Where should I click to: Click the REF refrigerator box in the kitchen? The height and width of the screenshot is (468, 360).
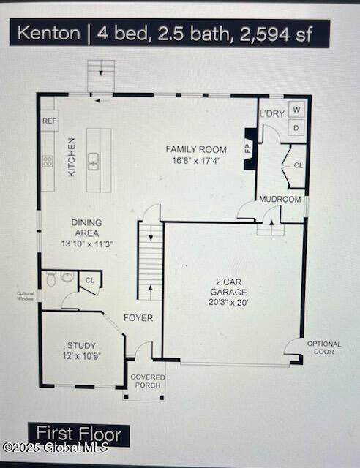tap(50, 121)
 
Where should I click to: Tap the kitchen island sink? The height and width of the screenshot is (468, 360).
tap(94, 162)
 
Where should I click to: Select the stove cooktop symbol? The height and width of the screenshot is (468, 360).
tap(48, 162)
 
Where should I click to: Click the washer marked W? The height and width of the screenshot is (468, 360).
tap(296, 110)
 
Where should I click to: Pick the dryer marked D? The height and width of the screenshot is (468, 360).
tap(296, 128)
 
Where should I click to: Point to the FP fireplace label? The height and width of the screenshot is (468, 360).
tap(248, 148)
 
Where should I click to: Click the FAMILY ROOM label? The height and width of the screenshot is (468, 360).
tap(196, 149)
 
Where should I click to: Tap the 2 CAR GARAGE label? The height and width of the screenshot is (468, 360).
tap(228, 287)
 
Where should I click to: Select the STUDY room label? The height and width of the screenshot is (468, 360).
tap(81, 346)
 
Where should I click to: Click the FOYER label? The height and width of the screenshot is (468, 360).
tap(138, 318)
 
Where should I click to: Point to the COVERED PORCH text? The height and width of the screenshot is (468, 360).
tap(148, 381)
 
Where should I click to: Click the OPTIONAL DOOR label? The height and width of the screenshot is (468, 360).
tap(324, 348)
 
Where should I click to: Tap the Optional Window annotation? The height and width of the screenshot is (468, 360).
tap(26, 295)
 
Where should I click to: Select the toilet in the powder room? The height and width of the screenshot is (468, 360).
tap(51, 279)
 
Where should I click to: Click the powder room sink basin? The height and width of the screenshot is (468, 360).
tap(67, 276)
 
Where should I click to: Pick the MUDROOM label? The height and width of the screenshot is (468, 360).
tap(280, 199)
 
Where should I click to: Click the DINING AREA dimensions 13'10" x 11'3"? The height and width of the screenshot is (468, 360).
tap(86, 244)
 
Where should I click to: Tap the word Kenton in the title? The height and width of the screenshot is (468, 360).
tap(49, 33)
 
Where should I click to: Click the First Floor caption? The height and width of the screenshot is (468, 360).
tap(78, 434)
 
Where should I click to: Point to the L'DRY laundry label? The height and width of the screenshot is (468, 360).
tap(272, 113)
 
